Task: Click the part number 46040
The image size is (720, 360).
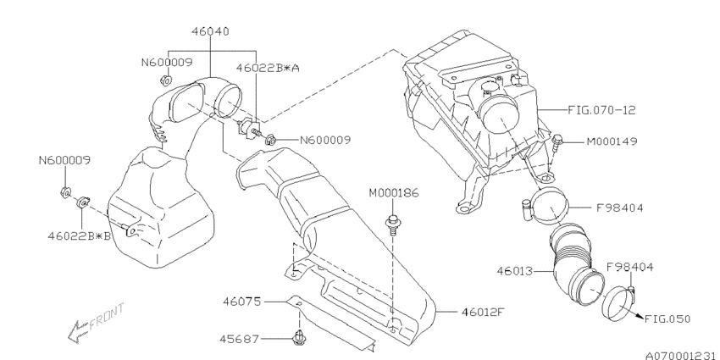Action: pos(210,31)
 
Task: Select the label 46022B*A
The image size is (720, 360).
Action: pos(268,68)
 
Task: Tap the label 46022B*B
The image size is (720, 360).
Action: pos(80,236)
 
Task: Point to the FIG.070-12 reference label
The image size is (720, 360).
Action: pos(601,110)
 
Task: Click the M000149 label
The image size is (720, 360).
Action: pos(612,141)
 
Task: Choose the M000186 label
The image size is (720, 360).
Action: pos(394,193)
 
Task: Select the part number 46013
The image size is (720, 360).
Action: pos(515,271)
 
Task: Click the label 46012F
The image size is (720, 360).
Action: pos(483,313)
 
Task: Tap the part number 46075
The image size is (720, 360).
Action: pos(241,302)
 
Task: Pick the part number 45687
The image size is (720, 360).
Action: pos(239,340)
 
